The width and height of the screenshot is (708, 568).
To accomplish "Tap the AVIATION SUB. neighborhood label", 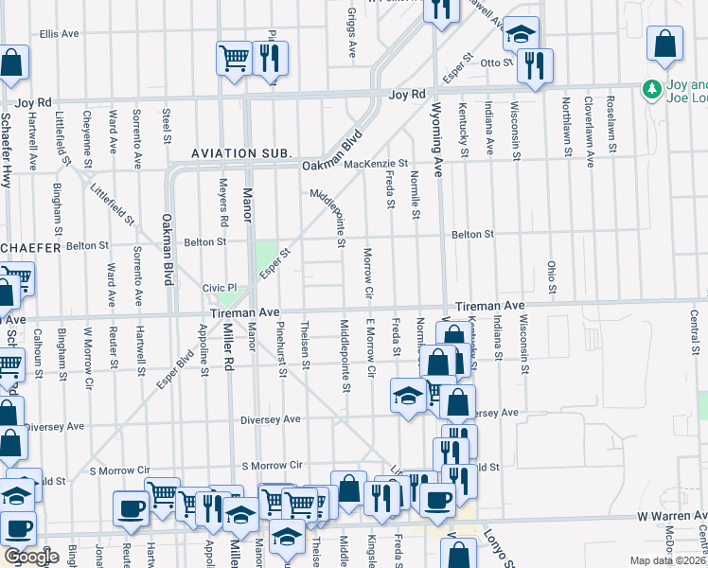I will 240,152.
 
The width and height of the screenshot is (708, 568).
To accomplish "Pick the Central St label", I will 694,328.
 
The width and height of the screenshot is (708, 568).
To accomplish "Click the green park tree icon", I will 651,89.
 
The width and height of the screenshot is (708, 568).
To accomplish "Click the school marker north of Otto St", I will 520,33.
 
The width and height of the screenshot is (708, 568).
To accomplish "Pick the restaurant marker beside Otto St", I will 537,64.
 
